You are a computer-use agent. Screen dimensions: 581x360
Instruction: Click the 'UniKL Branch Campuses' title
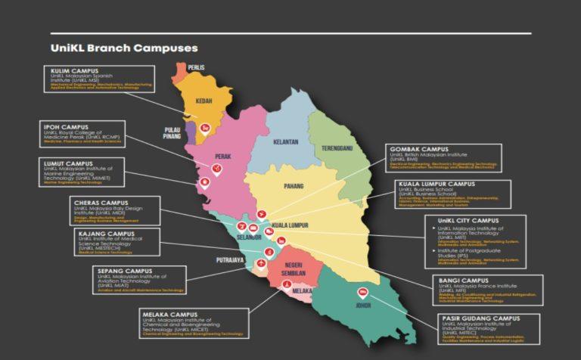click(x=124, y=48)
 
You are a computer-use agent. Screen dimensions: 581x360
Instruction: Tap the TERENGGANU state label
click(x=337, y=147)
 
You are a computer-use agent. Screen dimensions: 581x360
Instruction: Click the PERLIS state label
click(x=197, y=67)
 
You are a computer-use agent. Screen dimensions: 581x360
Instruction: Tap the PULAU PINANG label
click(x=172, y=134)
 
